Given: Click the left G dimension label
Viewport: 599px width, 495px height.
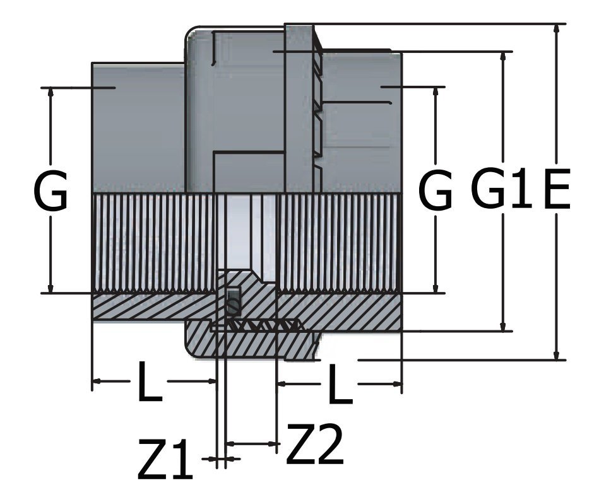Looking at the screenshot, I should (50, 192).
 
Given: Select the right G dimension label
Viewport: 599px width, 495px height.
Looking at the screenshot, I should (436, 192).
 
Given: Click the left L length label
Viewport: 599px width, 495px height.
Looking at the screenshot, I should (149, 382).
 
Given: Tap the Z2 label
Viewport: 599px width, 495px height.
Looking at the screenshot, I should (314, 445).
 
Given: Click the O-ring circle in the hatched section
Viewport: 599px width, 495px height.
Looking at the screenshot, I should (234, 307).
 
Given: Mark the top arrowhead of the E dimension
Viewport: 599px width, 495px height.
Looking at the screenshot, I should (556, 29).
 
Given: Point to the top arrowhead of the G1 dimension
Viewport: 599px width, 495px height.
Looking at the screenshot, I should (503, 56).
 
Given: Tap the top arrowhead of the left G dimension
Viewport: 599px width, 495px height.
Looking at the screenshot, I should (50, 92).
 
